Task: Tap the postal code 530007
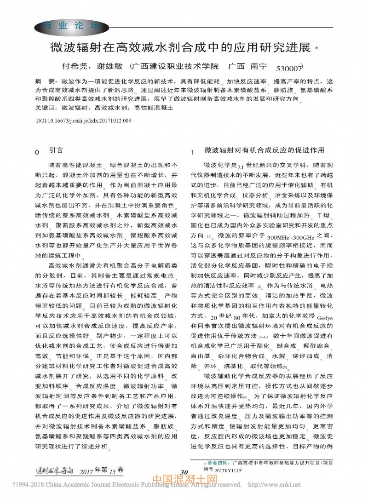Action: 288,68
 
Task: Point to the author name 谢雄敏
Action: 107,66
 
